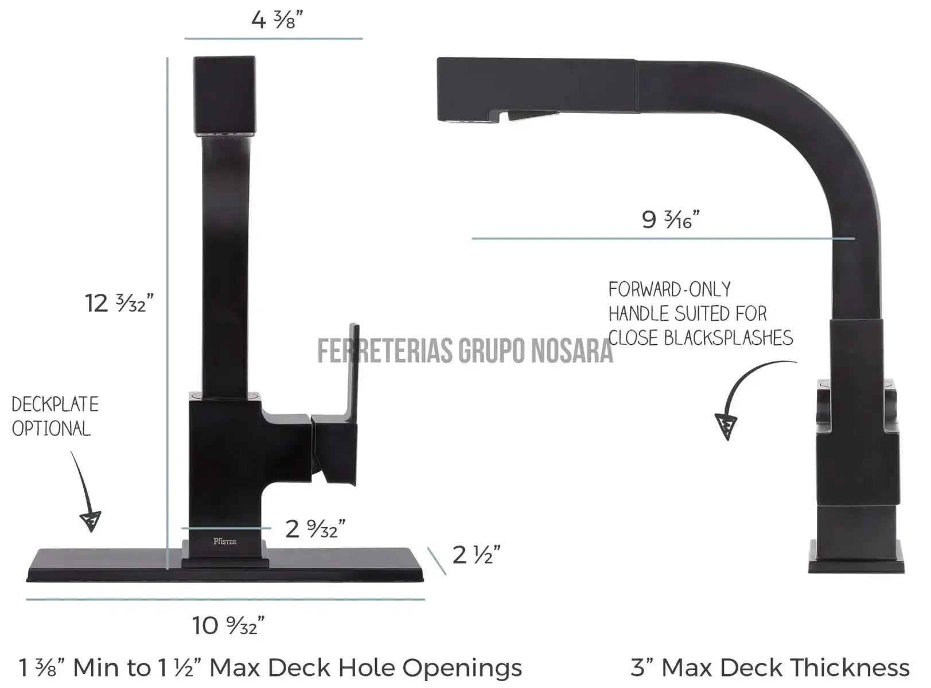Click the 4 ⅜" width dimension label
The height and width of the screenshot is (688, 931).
[276, 20]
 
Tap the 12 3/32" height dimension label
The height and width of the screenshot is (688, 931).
[119, 303]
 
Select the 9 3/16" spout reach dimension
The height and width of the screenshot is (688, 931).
[671, 219]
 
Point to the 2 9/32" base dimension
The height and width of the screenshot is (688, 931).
[315, 528]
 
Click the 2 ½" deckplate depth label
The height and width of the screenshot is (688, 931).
[476, 555]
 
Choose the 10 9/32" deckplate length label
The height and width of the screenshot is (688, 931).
[228, 625]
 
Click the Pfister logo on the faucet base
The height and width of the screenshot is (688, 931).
[225, 541]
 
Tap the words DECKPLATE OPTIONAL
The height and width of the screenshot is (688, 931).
[54, 417]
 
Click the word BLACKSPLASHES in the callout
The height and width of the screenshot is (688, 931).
[729, 338]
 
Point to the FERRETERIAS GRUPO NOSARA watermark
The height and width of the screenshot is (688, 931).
[465, 351]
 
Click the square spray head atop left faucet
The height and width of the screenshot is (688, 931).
[224, 95]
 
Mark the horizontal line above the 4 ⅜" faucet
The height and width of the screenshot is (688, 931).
[273, 38]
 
